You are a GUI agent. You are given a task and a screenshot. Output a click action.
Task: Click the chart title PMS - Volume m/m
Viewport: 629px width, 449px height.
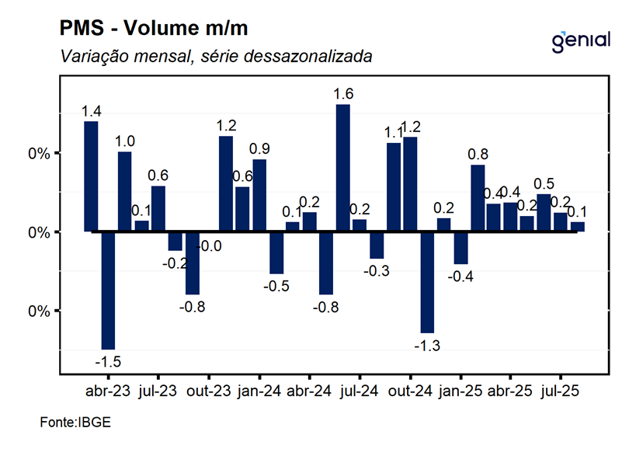[156, 30]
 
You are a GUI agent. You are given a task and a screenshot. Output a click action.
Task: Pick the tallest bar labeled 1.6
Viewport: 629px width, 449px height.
[342, 168]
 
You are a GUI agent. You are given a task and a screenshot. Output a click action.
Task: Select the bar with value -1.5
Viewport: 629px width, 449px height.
[108, 291]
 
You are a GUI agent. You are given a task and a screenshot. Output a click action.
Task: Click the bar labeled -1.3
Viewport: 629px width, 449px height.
[427, 282]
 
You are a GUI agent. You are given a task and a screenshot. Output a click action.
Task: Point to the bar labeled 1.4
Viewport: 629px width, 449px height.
[91, 176]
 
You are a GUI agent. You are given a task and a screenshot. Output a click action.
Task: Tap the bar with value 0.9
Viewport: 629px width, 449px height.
[259, 195]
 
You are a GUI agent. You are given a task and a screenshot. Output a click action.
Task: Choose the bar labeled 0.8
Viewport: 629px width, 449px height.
[478, 198]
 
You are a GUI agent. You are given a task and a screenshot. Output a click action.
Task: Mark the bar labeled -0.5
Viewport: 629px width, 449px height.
[276, 252]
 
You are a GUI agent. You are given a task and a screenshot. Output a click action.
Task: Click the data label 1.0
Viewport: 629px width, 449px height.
[125, 141]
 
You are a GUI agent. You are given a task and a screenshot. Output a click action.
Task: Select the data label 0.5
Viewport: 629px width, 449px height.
[544, 183]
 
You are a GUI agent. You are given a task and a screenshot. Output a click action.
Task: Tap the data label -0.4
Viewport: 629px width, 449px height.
[460, 277]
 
